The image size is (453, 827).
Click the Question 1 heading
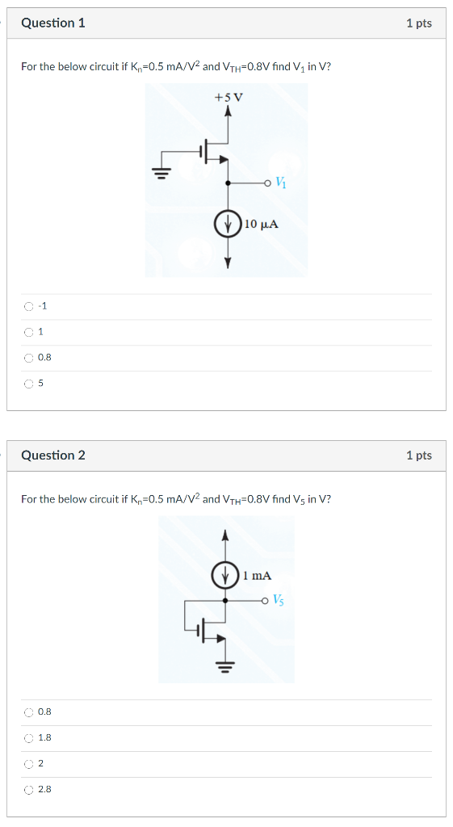tap(53, 23)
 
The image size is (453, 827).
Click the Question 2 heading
tap(53, 455)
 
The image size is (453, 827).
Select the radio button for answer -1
tap(29, 306)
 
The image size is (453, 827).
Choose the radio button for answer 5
tap(29, 384)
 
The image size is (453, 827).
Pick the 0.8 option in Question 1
tap(29, 358)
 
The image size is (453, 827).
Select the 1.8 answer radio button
tap(29, 738)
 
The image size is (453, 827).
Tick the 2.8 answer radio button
tap(29, 790)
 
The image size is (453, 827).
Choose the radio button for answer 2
tap(29, 764)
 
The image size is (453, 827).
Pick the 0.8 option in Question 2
tap(29, 712)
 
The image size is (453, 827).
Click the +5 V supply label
tap(229, 99)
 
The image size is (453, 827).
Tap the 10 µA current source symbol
tap(228, 223)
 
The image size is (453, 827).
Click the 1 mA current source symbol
tap(225, 576)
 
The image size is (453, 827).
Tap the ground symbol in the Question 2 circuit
tap(226, 665)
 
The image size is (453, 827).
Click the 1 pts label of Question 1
tap(419, 23)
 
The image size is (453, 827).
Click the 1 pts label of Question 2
tap(419, 455)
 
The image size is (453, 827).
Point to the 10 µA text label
tap(262, 224)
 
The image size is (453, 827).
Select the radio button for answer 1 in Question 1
tap(29, 332)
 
